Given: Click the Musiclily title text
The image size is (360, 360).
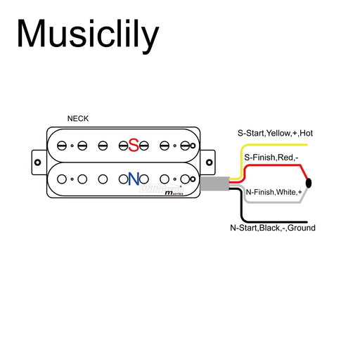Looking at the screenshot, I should tap(87, 34).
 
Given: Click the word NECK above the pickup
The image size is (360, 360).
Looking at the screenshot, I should tap(78, 119).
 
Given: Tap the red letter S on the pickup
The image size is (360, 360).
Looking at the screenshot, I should tap(133, 145).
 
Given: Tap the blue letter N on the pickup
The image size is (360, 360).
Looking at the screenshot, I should tap(133, 179).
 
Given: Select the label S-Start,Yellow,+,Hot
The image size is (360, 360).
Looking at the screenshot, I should tap(274, 133).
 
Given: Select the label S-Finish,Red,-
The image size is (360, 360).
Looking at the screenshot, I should tap(271, 158).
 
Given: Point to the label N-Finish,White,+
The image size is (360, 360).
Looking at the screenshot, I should tap(274, 191).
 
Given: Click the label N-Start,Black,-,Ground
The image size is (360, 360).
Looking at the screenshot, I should tap(272, 228).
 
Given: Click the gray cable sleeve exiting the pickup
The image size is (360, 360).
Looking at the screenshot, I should tap(212, 183).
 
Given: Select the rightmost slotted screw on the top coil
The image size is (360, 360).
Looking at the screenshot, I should tap(185, 146).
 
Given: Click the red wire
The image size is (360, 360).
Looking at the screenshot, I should tap(281, 166).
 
